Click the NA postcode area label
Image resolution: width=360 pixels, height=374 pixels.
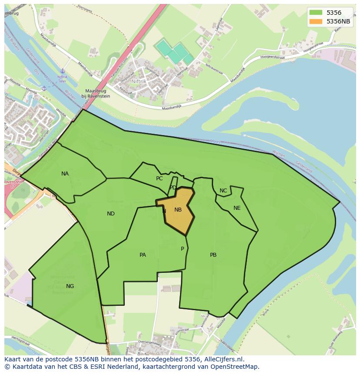click(65, 174)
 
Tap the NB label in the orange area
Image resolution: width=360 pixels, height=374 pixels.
click(178, 210)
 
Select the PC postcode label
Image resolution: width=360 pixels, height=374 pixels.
click(159, 179)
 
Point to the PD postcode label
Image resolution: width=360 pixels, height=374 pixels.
click(173, 188)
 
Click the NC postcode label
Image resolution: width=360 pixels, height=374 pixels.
click(223, 191)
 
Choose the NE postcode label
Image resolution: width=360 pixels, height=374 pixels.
click(237, 208)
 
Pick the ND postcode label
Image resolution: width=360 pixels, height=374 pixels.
click(111, 214)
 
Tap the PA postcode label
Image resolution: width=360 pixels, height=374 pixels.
click(143, 255)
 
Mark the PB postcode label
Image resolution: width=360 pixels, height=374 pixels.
click(213, 255)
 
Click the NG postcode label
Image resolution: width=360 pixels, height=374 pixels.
click(70, 286)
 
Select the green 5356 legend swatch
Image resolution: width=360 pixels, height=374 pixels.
click(316, 13)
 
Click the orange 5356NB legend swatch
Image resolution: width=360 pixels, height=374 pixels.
click(316, 21)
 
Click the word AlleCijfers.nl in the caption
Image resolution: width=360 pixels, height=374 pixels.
click(223, 360)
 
